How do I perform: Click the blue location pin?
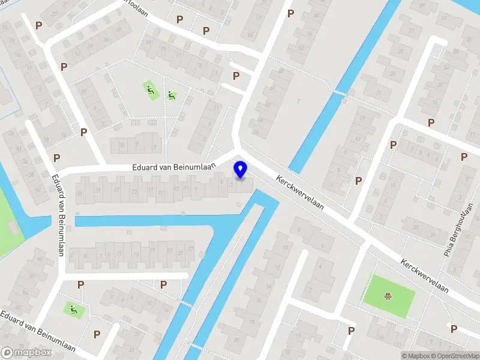point(241,169)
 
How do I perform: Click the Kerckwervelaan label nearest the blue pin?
point(300,193)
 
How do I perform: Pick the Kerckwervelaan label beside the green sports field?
point(425,276)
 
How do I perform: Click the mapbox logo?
point(26,352)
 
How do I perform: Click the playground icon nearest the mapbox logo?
point(73,310)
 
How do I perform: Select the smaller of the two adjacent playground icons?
point(172,95)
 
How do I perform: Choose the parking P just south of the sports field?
point(351,330)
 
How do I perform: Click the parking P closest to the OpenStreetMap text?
point(454,328)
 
